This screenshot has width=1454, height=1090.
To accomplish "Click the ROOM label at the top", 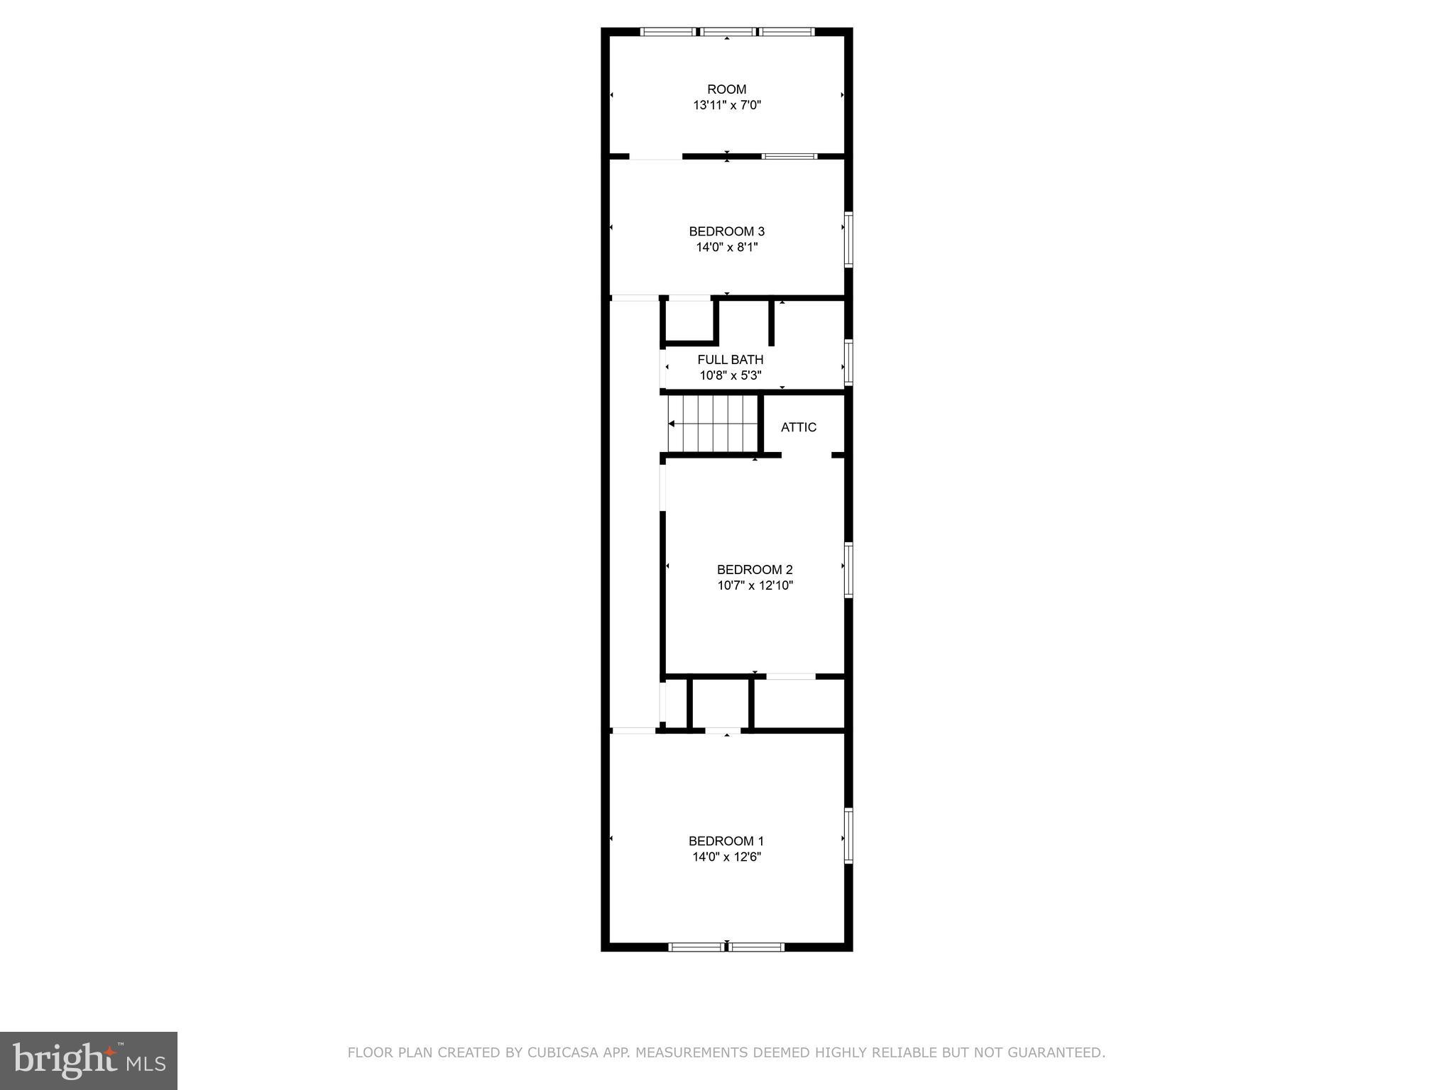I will point(726,89).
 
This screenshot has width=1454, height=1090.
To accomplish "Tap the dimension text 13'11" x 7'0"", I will point(727,106).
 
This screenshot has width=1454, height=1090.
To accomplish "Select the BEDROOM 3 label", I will point(726,231).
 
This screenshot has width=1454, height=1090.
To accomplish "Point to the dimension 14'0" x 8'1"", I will point(726,248).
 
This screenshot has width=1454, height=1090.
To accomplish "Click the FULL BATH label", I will point(730,360).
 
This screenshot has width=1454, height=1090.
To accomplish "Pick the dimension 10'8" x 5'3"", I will point(730,375).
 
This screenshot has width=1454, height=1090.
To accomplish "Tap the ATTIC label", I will point(798,427).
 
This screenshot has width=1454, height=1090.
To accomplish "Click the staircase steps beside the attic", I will point(713,424).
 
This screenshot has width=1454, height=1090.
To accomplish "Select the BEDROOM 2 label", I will point(754,570).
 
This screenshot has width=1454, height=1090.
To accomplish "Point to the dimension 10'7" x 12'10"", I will point(755,586).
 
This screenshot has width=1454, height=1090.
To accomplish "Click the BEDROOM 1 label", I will point(726,841).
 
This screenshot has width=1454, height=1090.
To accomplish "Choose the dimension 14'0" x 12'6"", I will point(726,857).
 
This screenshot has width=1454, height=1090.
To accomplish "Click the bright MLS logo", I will point(89,1060).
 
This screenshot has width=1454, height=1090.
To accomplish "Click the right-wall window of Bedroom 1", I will point(848,835).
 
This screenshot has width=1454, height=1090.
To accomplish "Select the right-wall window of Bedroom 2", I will point(848,569).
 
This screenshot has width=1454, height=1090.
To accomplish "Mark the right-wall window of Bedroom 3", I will point(848,240).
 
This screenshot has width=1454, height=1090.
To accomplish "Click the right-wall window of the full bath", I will point(848,363).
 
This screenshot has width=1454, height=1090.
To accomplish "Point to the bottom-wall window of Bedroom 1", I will point(726,947).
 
